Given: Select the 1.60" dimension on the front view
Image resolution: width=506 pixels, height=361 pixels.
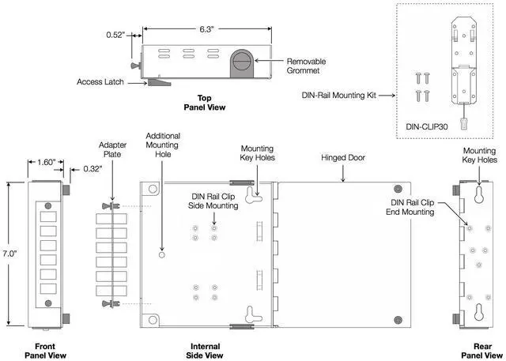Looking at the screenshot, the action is (47, 162).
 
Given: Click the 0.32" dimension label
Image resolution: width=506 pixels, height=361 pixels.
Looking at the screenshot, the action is (93, 168).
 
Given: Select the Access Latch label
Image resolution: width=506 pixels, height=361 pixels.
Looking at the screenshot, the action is (100, 82).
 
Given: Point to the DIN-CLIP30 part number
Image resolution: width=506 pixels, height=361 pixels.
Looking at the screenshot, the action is (432, 126).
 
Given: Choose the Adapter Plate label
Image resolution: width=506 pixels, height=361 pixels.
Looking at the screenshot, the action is (112, 151).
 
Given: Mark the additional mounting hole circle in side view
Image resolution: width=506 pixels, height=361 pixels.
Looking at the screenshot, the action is (162, 254).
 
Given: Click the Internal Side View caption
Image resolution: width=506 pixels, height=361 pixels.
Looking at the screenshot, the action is (206, 351).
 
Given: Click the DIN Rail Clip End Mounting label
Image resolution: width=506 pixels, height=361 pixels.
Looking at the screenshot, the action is (411, 206).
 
